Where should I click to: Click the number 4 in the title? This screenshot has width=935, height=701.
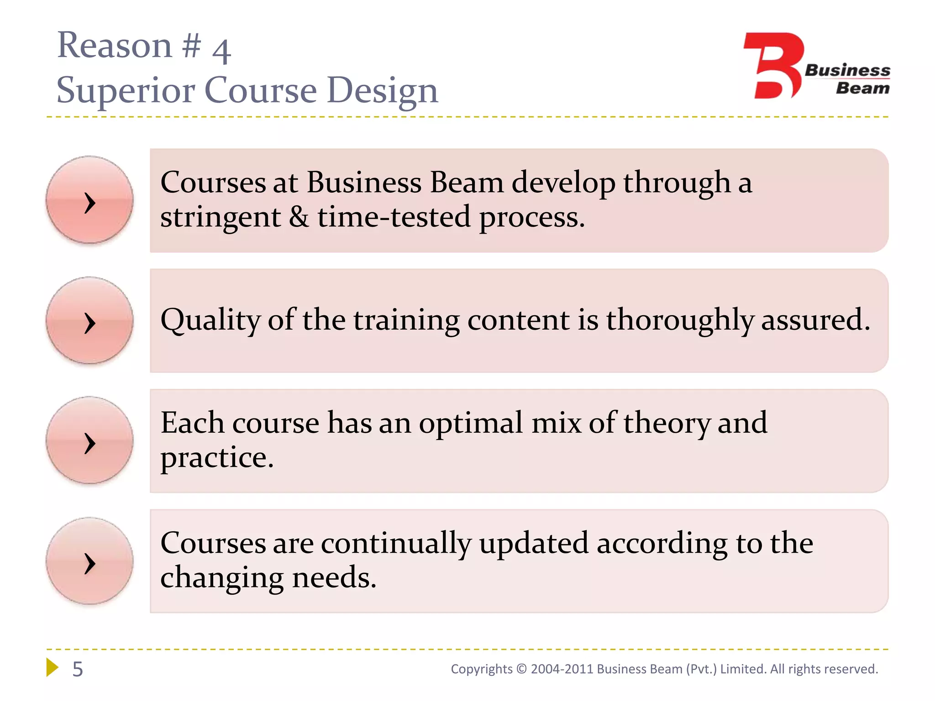(x=222, y=51)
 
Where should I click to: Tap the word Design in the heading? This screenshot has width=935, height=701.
(x=383, y=90)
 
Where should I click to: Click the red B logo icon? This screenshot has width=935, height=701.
(x=773, y=66)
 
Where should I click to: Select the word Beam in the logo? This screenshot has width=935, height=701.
(x=862, y=88)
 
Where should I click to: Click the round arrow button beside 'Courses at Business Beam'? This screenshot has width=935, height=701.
(x=89, y=200)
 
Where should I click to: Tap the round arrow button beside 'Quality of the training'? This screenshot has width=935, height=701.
(x=89, y=320)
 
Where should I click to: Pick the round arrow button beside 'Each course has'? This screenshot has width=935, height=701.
(x=89, y=440)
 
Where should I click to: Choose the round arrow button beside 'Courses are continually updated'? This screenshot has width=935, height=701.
(x=89, y=561)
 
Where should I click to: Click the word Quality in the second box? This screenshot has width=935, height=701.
(x=210, y=320)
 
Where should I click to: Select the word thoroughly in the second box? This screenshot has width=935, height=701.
(x=679, y=320)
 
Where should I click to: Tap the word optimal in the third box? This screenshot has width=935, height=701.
(x=471, y=424)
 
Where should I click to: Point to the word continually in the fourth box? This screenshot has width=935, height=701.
(x=396, y=544)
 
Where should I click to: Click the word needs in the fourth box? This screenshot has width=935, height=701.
(x=334, y=578)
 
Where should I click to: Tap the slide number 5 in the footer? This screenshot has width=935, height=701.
(x=78, y=670)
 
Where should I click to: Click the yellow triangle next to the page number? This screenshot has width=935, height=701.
(x=53, y=667)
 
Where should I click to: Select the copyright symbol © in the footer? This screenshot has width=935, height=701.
(x=521, y=669)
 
